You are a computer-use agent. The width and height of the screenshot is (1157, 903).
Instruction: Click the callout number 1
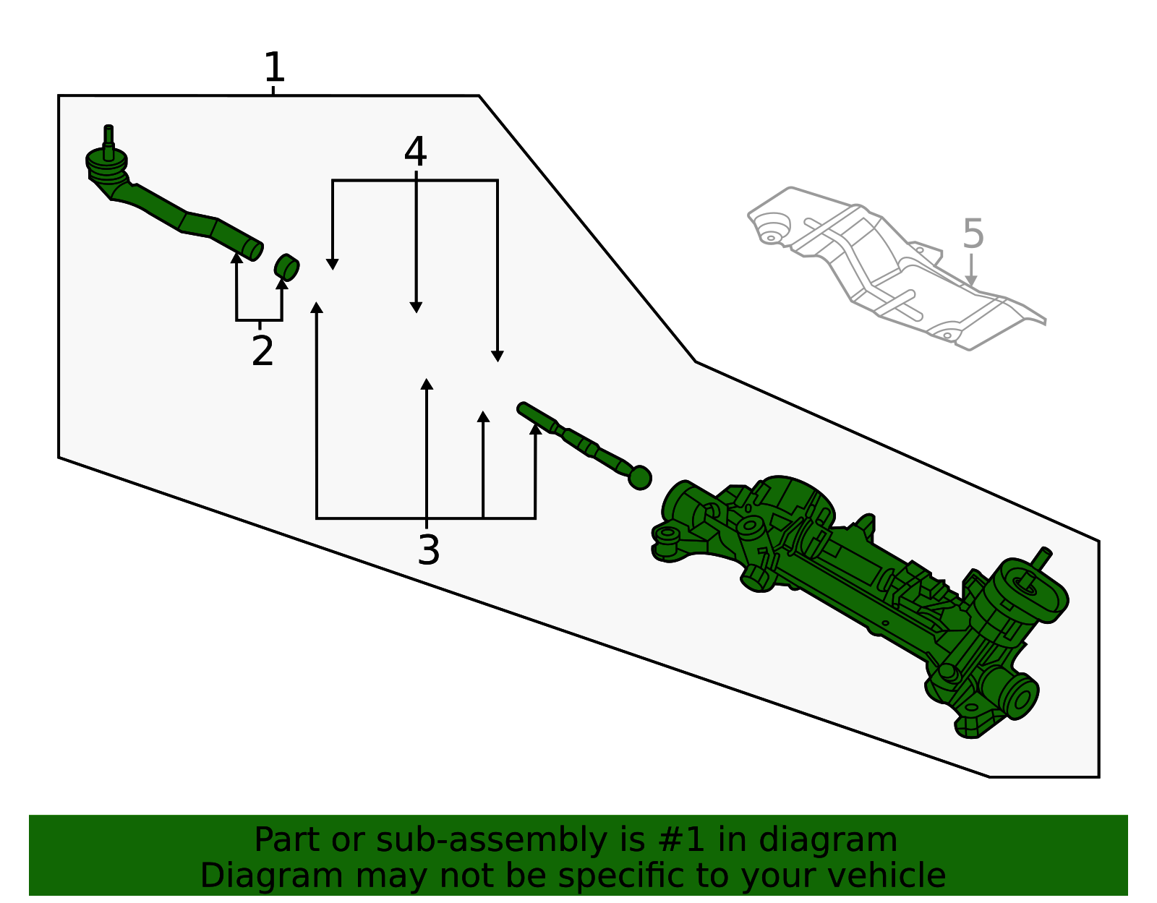[x=275, y=67]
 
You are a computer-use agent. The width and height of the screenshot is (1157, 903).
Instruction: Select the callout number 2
[x=262, y=350]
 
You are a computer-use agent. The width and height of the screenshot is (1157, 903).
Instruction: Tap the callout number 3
[x=429, y=550]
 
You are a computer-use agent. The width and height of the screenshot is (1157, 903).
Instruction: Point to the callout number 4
[x=415, y=151]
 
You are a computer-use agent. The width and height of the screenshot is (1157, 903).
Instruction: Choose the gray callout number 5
[x=973, y=234]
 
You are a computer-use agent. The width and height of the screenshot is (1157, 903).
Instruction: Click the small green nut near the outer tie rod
[x=286, y=267]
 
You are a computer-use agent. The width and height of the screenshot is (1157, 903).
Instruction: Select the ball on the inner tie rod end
[x=640, y=477]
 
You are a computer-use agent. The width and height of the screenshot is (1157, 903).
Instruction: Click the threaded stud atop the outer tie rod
[x=108, y=141]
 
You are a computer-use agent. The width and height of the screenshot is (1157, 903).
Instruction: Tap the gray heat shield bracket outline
[x=895, y=268]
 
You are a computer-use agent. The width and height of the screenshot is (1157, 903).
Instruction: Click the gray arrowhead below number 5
[x=971, y=281]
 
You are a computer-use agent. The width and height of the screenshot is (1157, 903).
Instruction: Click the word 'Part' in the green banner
[x=287, y=840]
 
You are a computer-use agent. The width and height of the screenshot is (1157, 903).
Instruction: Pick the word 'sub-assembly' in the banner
[x=492, y=842]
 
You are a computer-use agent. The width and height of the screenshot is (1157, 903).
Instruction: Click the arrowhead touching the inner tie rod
[x=536, y=428]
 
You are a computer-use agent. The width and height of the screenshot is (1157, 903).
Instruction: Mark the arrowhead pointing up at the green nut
[x=282, y=283]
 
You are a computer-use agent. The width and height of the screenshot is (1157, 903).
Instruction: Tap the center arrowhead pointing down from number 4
[x=417, y=307]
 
